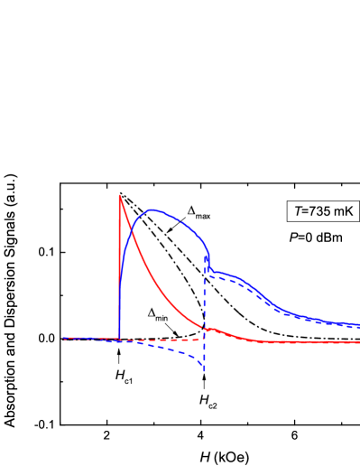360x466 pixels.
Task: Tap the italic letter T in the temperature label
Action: (x=299, y=212)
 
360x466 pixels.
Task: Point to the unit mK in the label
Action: (x=344, y=212)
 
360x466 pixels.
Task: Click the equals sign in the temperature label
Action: (x=307, y=212)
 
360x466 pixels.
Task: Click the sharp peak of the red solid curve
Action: (x=120, y=195)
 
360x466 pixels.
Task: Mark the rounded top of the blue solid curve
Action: (x=154, y=210)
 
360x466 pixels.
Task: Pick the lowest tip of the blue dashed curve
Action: (x=205, y=369)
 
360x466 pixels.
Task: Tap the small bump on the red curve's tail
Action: (x=210, y=329)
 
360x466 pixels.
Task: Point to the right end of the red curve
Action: (x=358, y=342)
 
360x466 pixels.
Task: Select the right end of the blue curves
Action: (x=358, y=325)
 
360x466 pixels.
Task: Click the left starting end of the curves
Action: (x=65, y=339)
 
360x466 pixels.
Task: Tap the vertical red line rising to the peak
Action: (x=120, y=271)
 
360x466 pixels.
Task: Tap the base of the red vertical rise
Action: (x=120, y=339)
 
